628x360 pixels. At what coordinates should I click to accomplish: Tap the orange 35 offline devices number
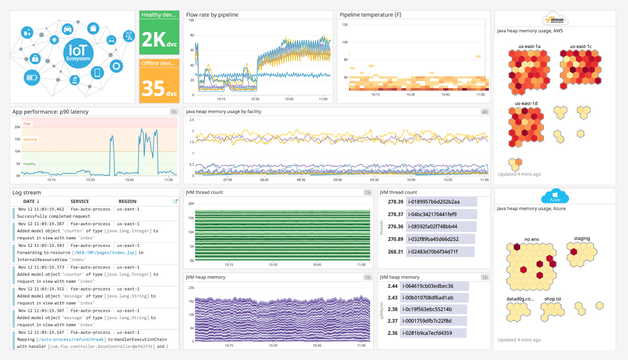point(159,88)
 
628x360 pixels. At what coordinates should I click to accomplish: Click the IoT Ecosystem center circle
point(78,53)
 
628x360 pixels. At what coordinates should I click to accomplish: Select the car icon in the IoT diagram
point(68,30)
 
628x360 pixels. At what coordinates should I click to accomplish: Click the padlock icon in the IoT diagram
point(35,58)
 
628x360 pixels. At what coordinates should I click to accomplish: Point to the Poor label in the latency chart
point(27,124)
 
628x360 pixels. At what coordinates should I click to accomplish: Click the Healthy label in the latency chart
point(29,164)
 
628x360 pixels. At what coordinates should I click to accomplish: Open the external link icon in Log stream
point(175,201)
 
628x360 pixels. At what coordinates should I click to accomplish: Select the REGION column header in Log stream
point(127,201)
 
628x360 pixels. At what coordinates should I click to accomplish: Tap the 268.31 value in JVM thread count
point(395,252)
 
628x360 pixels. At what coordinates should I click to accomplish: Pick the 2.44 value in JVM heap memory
point(392,286)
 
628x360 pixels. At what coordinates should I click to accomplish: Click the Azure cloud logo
point(555,196)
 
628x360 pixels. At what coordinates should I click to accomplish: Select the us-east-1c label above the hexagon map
point(581,46)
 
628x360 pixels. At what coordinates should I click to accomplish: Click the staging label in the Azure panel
point(582,238)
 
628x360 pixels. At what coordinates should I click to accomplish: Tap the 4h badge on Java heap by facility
point(485,112)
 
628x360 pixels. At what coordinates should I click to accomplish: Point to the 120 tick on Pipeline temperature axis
point(345,25)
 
